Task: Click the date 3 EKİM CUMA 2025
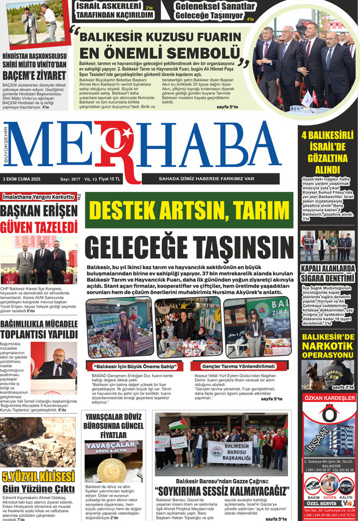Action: coord(22,179)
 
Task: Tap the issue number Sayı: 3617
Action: coord(70,179)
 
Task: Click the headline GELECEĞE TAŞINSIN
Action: coord(189,247)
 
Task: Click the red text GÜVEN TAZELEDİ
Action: coord(39,226)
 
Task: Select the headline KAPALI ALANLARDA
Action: coord(327,269)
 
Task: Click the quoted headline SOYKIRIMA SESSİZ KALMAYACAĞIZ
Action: coord(220,491)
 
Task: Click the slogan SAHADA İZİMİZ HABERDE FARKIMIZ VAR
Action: coord(206,179)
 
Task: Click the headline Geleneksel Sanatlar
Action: coord(207,7)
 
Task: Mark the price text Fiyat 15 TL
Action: coord(111,179)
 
